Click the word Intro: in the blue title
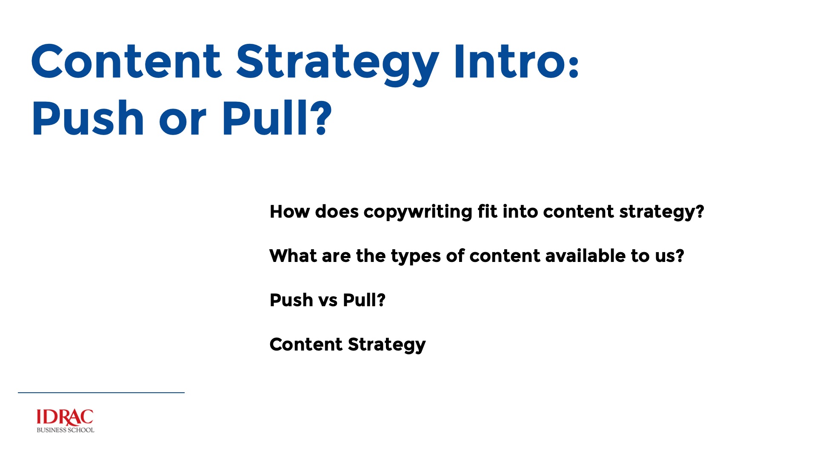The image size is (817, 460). pos(516,62)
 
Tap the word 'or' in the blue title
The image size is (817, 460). pos(183,121)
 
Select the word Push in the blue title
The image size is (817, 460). pos(88,118)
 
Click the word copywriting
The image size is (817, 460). pos(417,212)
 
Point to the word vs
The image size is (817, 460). pos(328,301)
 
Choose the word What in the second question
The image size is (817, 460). pos(293,256)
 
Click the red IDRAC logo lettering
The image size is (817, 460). pos(65,417)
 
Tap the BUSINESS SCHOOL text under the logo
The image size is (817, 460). pos(65,430)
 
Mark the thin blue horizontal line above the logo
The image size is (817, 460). pos(101,393)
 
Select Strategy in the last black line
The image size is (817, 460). pos(386,345)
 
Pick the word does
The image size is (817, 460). pos(337,212)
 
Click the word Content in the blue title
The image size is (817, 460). pos(126,62)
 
